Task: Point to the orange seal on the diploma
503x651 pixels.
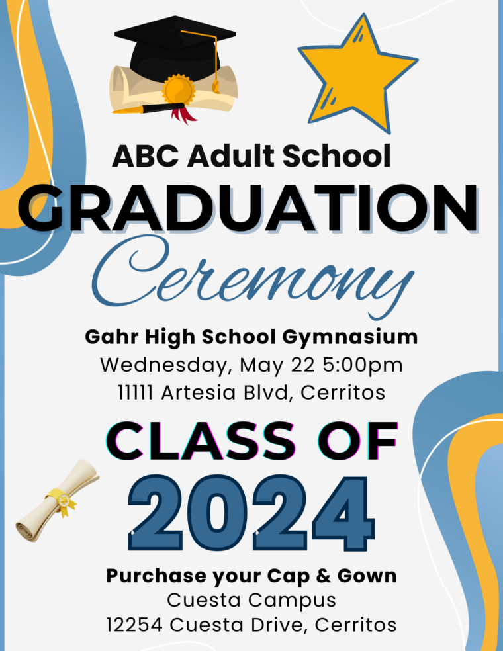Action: click(x=178, y=89)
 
